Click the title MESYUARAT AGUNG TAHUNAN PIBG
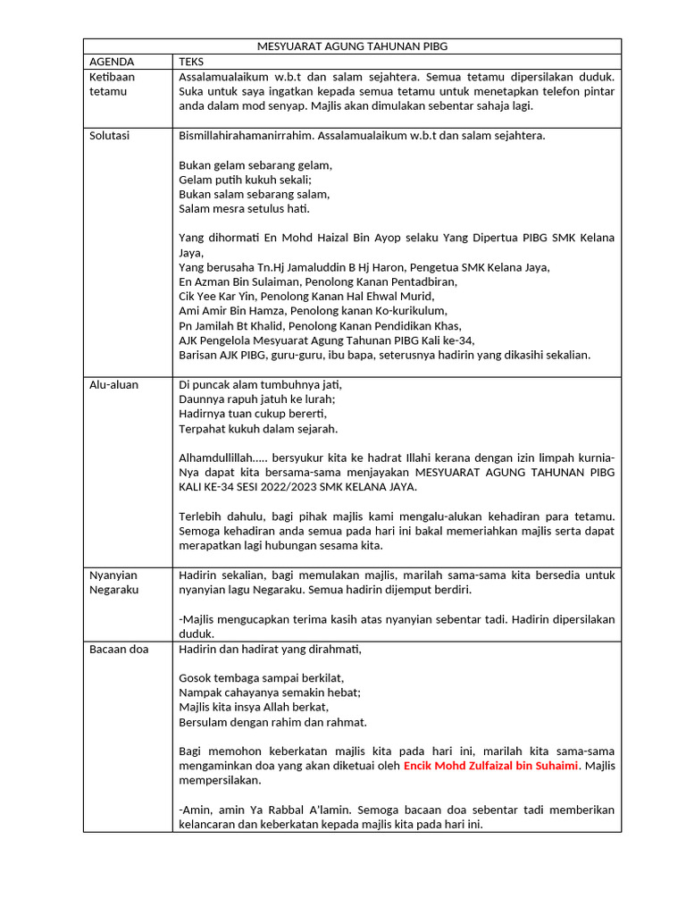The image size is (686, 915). point(352,46)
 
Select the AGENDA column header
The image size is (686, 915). point(112,62)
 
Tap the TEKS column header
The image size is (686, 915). point(191,62)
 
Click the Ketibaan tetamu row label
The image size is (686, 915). point(113,84)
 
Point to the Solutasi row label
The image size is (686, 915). point(110,136)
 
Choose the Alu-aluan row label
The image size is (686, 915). point(114,385)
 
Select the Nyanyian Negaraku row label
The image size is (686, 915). point(114,582)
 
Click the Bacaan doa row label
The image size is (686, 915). point(119,649)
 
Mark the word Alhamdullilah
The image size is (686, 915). point(220,458)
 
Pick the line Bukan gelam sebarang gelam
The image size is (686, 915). point(255,165)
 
